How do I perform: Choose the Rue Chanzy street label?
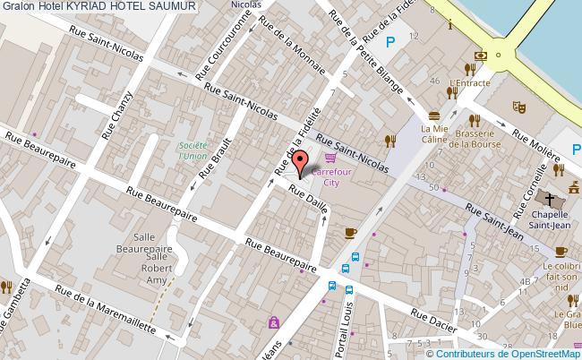(117, 116)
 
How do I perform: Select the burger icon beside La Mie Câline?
(434, 116)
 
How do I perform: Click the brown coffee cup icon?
(350, 233)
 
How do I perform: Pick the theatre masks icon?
(517, 106)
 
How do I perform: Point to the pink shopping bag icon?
(273, 322)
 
